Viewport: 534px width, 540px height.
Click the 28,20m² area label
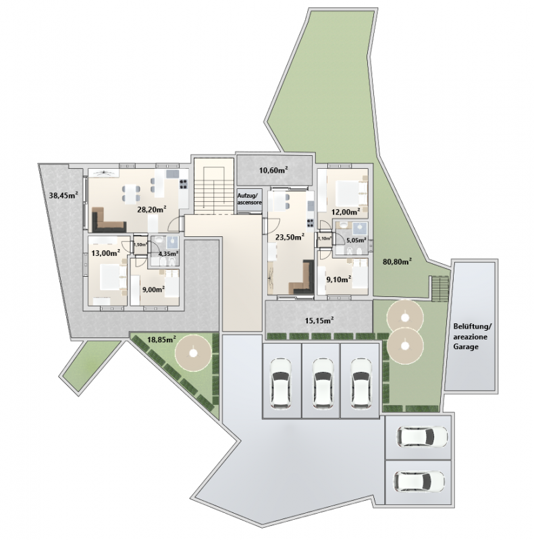(152, 209)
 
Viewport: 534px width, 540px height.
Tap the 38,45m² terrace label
(63, 196)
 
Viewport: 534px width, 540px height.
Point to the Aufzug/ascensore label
(249, 198)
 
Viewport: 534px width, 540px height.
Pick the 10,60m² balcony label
(273, 169)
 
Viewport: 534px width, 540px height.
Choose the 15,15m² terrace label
(319, 321)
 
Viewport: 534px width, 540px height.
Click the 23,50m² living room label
(290, 237)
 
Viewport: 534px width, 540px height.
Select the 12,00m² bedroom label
(346, 211)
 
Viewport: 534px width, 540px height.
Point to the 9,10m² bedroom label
(339, 279)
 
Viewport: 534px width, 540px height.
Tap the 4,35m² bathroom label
(168, 254)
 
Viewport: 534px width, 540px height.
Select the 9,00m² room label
(153, 289)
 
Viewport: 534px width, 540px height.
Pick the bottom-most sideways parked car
(419, 481)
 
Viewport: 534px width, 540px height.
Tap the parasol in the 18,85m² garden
(193, 353)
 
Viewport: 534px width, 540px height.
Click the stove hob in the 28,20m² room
(184, 184)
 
